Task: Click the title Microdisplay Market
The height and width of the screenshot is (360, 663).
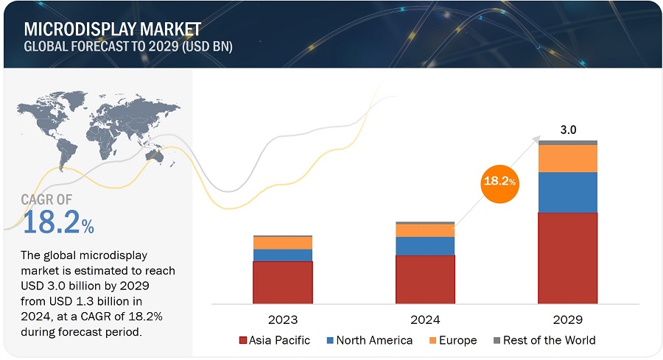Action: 112,29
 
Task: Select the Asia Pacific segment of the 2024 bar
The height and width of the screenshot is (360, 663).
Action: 425,279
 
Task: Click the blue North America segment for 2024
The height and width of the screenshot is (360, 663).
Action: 425,246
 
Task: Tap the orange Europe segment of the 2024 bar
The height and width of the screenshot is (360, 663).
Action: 425,230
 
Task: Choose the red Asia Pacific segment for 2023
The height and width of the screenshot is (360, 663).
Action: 282,282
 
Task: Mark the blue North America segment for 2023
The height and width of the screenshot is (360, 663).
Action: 282,255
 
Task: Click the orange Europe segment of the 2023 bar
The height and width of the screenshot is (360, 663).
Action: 282,243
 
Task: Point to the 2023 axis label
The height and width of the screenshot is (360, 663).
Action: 282,320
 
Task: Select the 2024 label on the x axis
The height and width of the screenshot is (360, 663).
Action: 425,320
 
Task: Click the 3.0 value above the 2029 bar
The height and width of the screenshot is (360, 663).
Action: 568,130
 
